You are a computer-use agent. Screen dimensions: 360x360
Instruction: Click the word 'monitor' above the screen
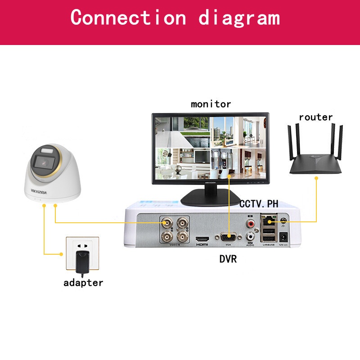(211, 104)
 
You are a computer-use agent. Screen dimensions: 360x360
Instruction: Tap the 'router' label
(315, 117)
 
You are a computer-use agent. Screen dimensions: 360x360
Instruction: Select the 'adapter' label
(83, 283)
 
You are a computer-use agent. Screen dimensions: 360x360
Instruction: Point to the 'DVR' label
(228, 259)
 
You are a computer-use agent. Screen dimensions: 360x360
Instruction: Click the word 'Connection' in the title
(128, 18)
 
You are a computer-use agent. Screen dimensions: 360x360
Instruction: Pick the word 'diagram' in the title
(239, 18)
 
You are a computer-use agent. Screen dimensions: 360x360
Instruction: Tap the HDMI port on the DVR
(202, 238)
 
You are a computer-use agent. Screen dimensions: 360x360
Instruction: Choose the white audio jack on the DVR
(250, 235)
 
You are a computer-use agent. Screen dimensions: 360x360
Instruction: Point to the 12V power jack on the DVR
(284, 236)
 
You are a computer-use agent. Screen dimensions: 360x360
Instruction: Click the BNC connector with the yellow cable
(166, 223)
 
